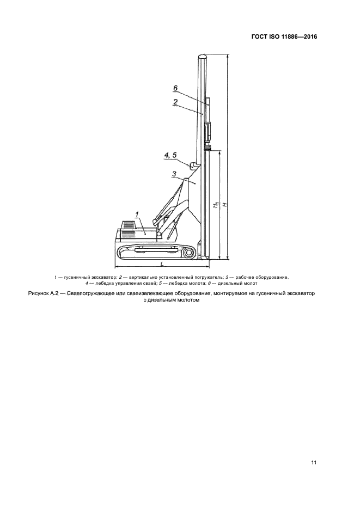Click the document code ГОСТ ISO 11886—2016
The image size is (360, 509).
click(x=284, y=37)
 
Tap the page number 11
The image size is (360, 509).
click(x=314, y=463)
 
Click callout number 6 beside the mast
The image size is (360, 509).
click(x=175, y=88)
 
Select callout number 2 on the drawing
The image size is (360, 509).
click(x=175, y=101)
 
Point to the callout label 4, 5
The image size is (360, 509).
click(x=170, y=155)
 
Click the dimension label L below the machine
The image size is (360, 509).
click(x=162, y=263)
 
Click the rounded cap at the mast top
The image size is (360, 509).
click(x=203, y=56)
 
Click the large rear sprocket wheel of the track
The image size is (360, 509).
click(x=188, y=252)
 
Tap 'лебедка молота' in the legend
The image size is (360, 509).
click(x=180, y=283)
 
